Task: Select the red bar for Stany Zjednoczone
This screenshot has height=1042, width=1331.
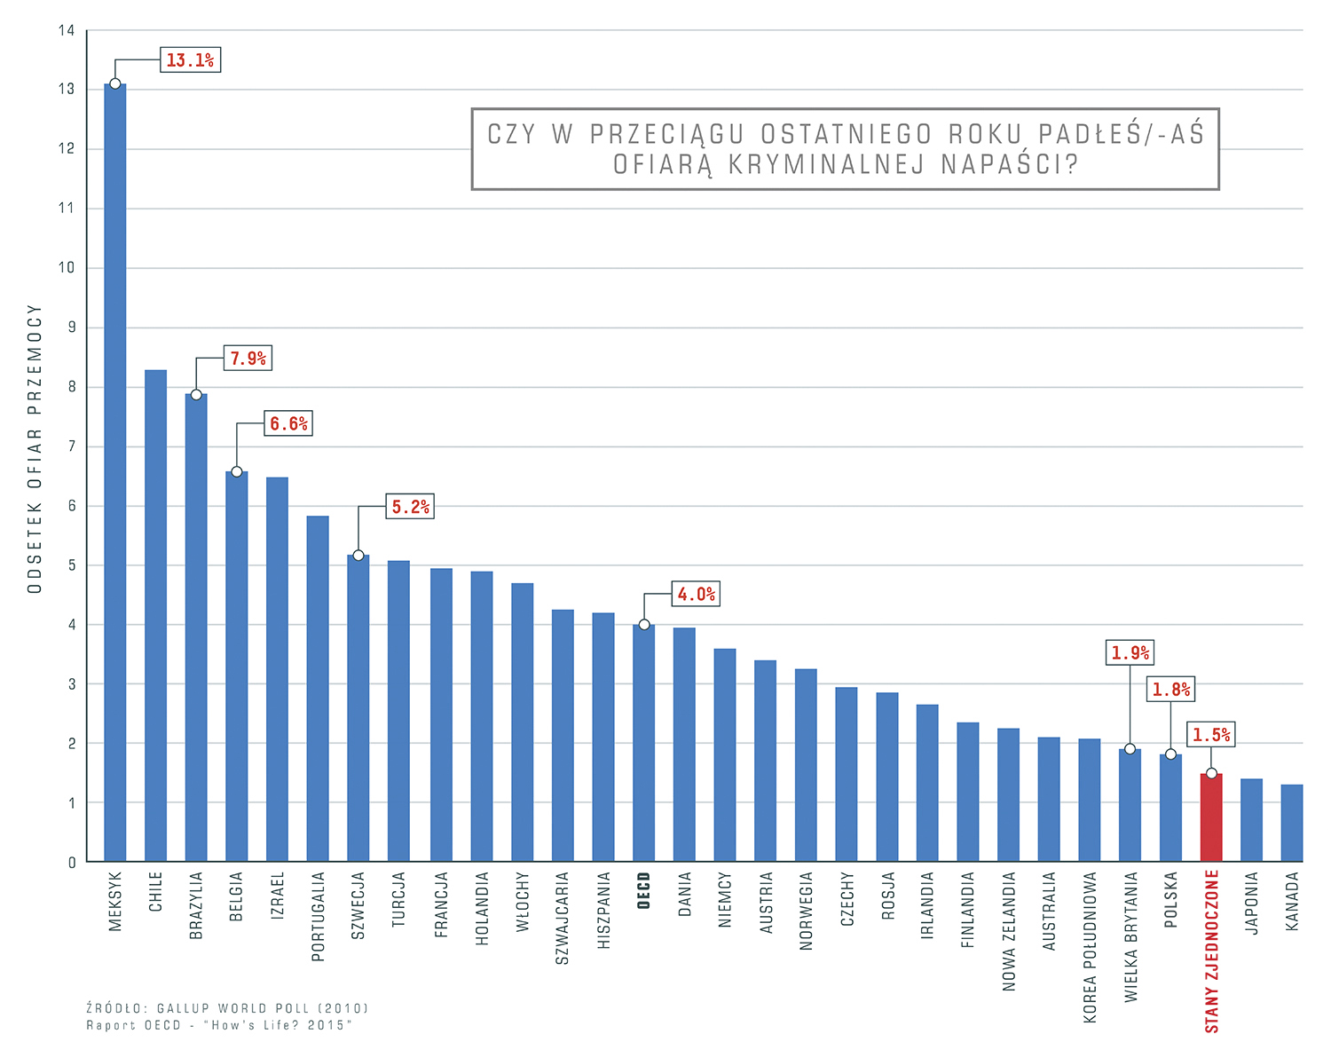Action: (1211, 817)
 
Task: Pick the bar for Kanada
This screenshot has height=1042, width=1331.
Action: (1292, 823)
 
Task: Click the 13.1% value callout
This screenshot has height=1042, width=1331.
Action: (190, 60)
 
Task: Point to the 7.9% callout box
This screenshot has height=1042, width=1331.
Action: (248, 359)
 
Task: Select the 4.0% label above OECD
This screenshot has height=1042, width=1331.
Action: (696, 595)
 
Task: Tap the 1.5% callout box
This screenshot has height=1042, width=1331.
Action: (1211, 735)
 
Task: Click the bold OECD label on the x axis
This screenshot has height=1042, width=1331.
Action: (644, 890)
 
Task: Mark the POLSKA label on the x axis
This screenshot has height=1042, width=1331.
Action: (1171, 900)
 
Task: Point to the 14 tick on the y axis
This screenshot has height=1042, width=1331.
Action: (67, 30)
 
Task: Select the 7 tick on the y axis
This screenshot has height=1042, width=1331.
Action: (71, 446)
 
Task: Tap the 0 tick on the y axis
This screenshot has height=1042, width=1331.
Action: (72, 863)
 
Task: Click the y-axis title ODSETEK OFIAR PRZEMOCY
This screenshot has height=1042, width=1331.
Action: (35, 449)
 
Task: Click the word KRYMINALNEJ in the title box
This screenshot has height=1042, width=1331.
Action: (826, 165)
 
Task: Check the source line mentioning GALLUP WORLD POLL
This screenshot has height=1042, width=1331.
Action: (227, 1008)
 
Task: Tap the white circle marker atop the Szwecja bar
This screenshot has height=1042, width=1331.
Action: (358, 556)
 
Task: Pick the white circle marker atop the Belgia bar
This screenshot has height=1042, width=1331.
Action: (237, 471)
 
